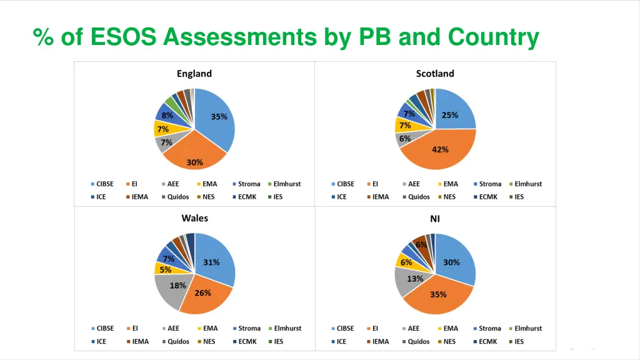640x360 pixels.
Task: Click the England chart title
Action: (194, 74)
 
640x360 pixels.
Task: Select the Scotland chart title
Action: (435, 74)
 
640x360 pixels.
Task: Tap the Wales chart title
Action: (194, 218)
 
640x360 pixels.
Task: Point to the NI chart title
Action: (435, 219)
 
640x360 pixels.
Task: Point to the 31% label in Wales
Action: (211, 262)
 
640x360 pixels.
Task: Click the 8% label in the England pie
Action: (167, 116)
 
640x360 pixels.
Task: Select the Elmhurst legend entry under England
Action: (287, 184)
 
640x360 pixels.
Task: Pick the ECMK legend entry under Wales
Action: (247, 341)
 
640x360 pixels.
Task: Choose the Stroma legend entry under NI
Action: (489, 328)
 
